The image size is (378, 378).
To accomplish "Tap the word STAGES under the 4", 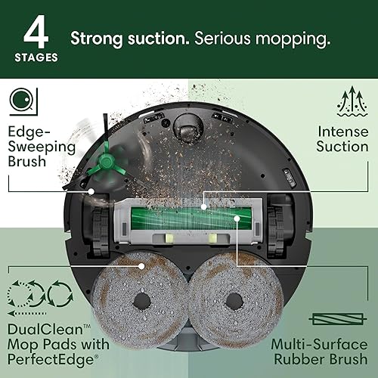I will click(35, 56).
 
